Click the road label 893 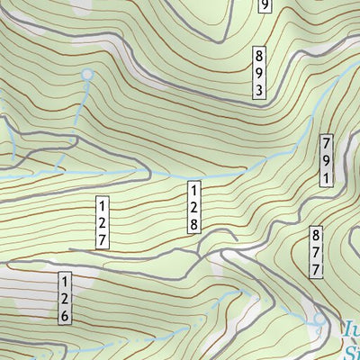[259, 72]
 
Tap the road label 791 [327, 160]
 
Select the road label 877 [317, 252]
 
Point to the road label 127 [103, 222]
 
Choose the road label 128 [193, 207]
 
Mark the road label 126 [65, 300]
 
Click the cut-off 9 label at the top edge [265, 6]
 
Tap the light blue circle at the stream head [87, 75]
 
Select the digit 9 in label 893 [259, 72]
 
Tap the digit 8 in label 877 [317, 235]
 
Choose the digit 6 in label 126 [65, 317]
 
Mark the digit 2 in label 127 [103, 222]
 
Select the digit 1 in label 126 [65, 283]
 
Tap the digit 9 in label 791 [327, 160]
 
